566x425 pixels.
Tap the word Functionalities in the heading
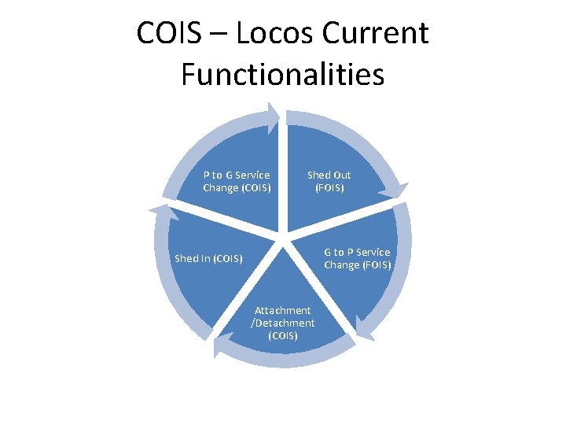click(x=282, y=74)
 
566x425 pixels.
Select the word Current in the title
click(x=383, y=34)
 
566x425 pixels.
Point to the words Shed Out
click(x=329, y=175)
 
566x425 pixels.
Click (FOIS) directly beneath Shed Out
click(x=329, y=188)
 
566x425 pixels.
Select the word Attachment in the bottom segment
click(x=282, y=310)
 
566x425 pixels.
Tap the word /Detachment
click(x=282, y=323)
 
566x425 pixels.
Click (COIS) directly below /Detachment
click(x=282, y=335)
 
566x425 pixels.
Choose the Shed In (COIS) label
click(x=208, y=258)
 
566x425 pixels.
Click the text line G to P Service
click(x=357, y=252)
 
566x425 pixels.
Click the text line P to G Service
click(x=236, y=175)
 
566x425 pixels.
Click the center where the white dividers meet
click(x=285, y=237)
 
